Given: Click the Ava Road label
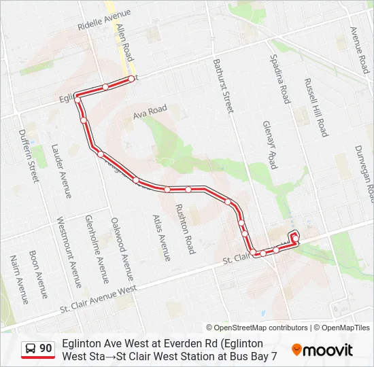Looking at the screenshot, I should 150,109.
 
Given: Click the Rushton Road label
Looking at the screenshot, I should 185,228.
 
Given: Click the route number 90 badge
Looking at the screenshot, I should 38,348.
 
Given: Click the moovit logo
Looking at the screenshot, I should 322,350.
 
